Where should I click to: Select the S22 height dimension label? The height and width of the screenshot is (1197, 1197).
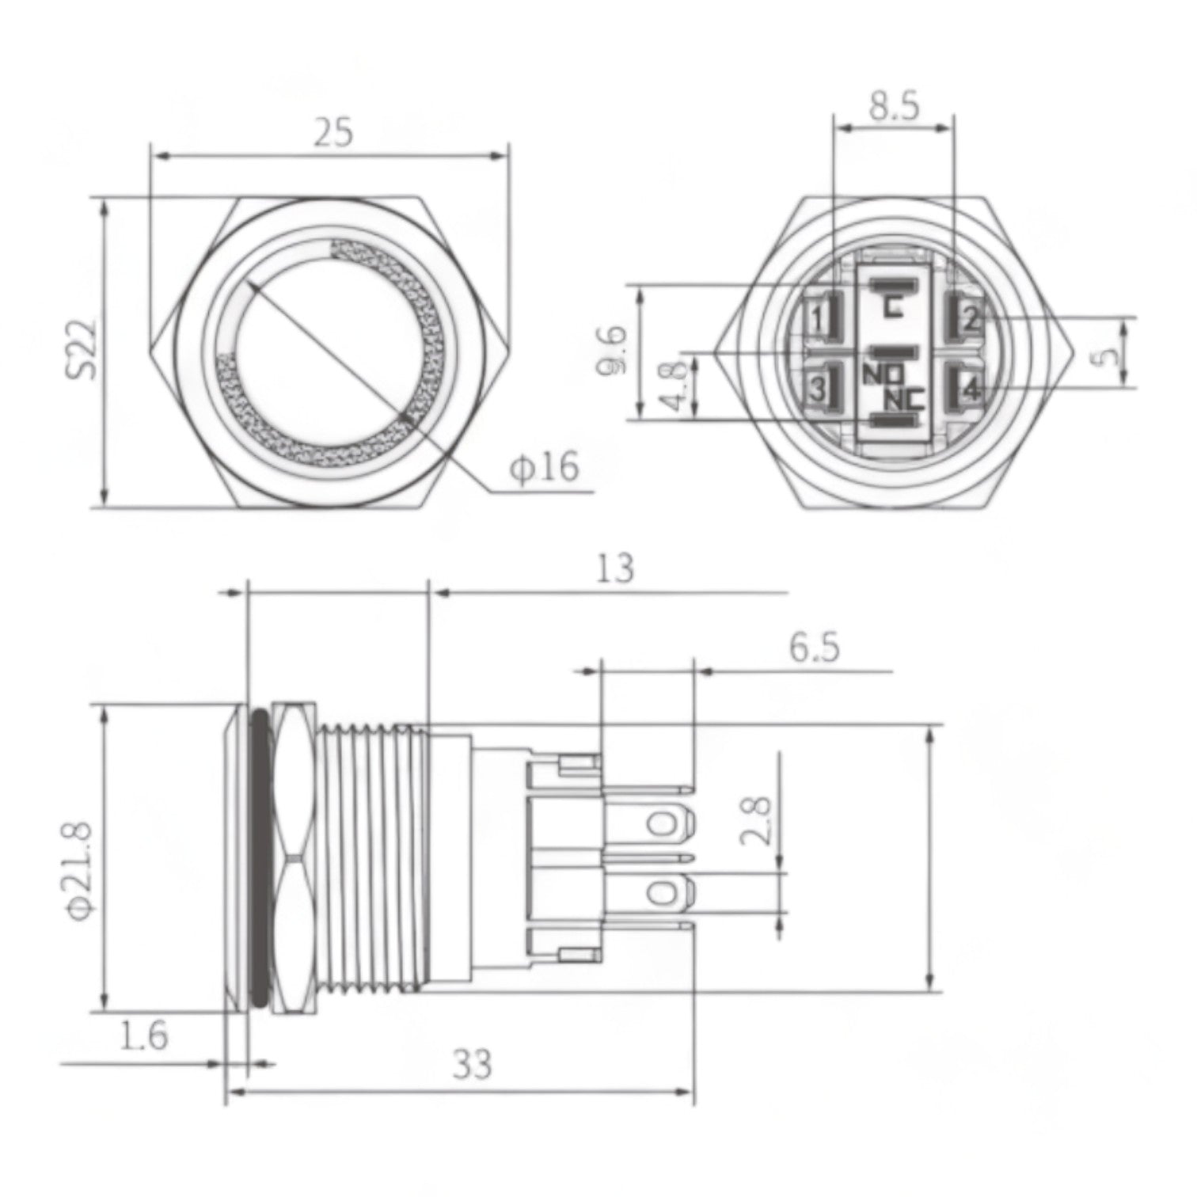(x=82, y=349)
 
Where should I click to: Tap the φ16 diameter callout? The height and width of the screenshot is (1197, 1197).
(x=544, y=467)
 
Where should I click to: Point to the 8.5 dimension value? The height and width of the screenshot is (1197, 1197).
(x=894, y=107)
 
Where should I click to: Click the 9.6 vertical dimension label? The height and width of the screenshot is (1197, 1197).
(x=616, y=349)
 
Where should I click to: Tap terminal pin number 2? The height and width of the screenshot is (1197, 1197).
(x=971, y=319)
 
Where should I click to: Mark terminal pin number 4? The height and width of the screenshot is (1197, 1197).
(x=971, y=388)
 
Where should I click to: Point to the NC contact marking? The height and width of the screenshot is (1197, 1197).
(x=904, y=400)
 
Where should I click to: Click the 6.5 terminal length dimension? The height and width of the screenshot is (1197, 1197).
(x=813, y=648)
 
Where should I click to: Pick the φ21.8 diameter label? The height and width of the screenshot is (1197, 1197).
(x=82, y=871)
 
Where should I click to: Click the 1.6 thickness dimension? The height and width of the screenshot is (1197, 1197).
(x=146, y=1035)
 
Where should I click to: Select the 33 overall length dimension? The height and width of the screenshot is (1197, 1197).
(x=472, y=1064)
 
